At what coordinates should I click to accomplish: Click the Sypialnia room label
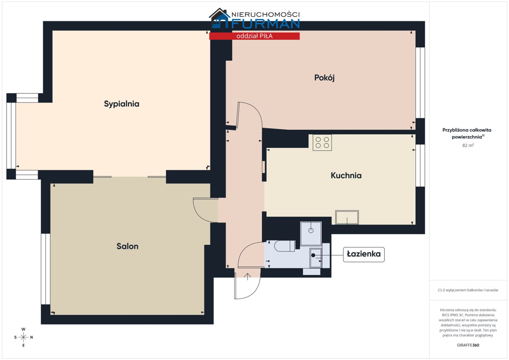click(122, 104)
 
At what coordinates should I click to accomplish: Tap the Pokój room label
click(324, 78)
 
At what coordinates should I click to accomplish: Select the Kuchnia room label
click(346, 176)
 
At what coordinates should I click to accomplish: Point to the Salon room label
click(127, 246)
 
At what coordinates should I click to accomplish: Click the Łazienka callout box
click(363, 254)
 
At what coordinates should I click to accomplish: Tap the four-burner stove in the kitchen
click(322, 143)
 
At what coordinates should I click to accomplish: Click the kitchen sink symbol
click(347, 217)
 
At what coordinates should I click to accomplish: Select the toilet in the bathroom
click(284, 246)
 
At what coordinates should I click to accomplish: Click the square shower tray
click(311, 234)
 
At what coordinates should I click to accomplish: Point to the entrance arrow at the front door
click(247, 277)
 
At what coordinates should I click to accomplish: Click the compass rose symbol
click(23, 337)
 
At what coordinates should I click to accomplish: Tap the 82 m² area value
click(468, 145)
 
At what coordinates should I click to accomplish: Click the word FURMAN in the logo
click(265, 24)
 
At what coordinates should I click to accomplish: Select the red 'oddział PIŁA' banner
click(254, 36)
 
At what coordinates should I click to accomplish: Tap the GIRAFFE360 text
click(468, 345)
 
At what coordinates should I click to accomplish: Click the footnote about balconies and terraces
click(468, 290)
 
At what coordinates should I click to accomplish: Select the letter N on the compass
click(31, 337)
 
